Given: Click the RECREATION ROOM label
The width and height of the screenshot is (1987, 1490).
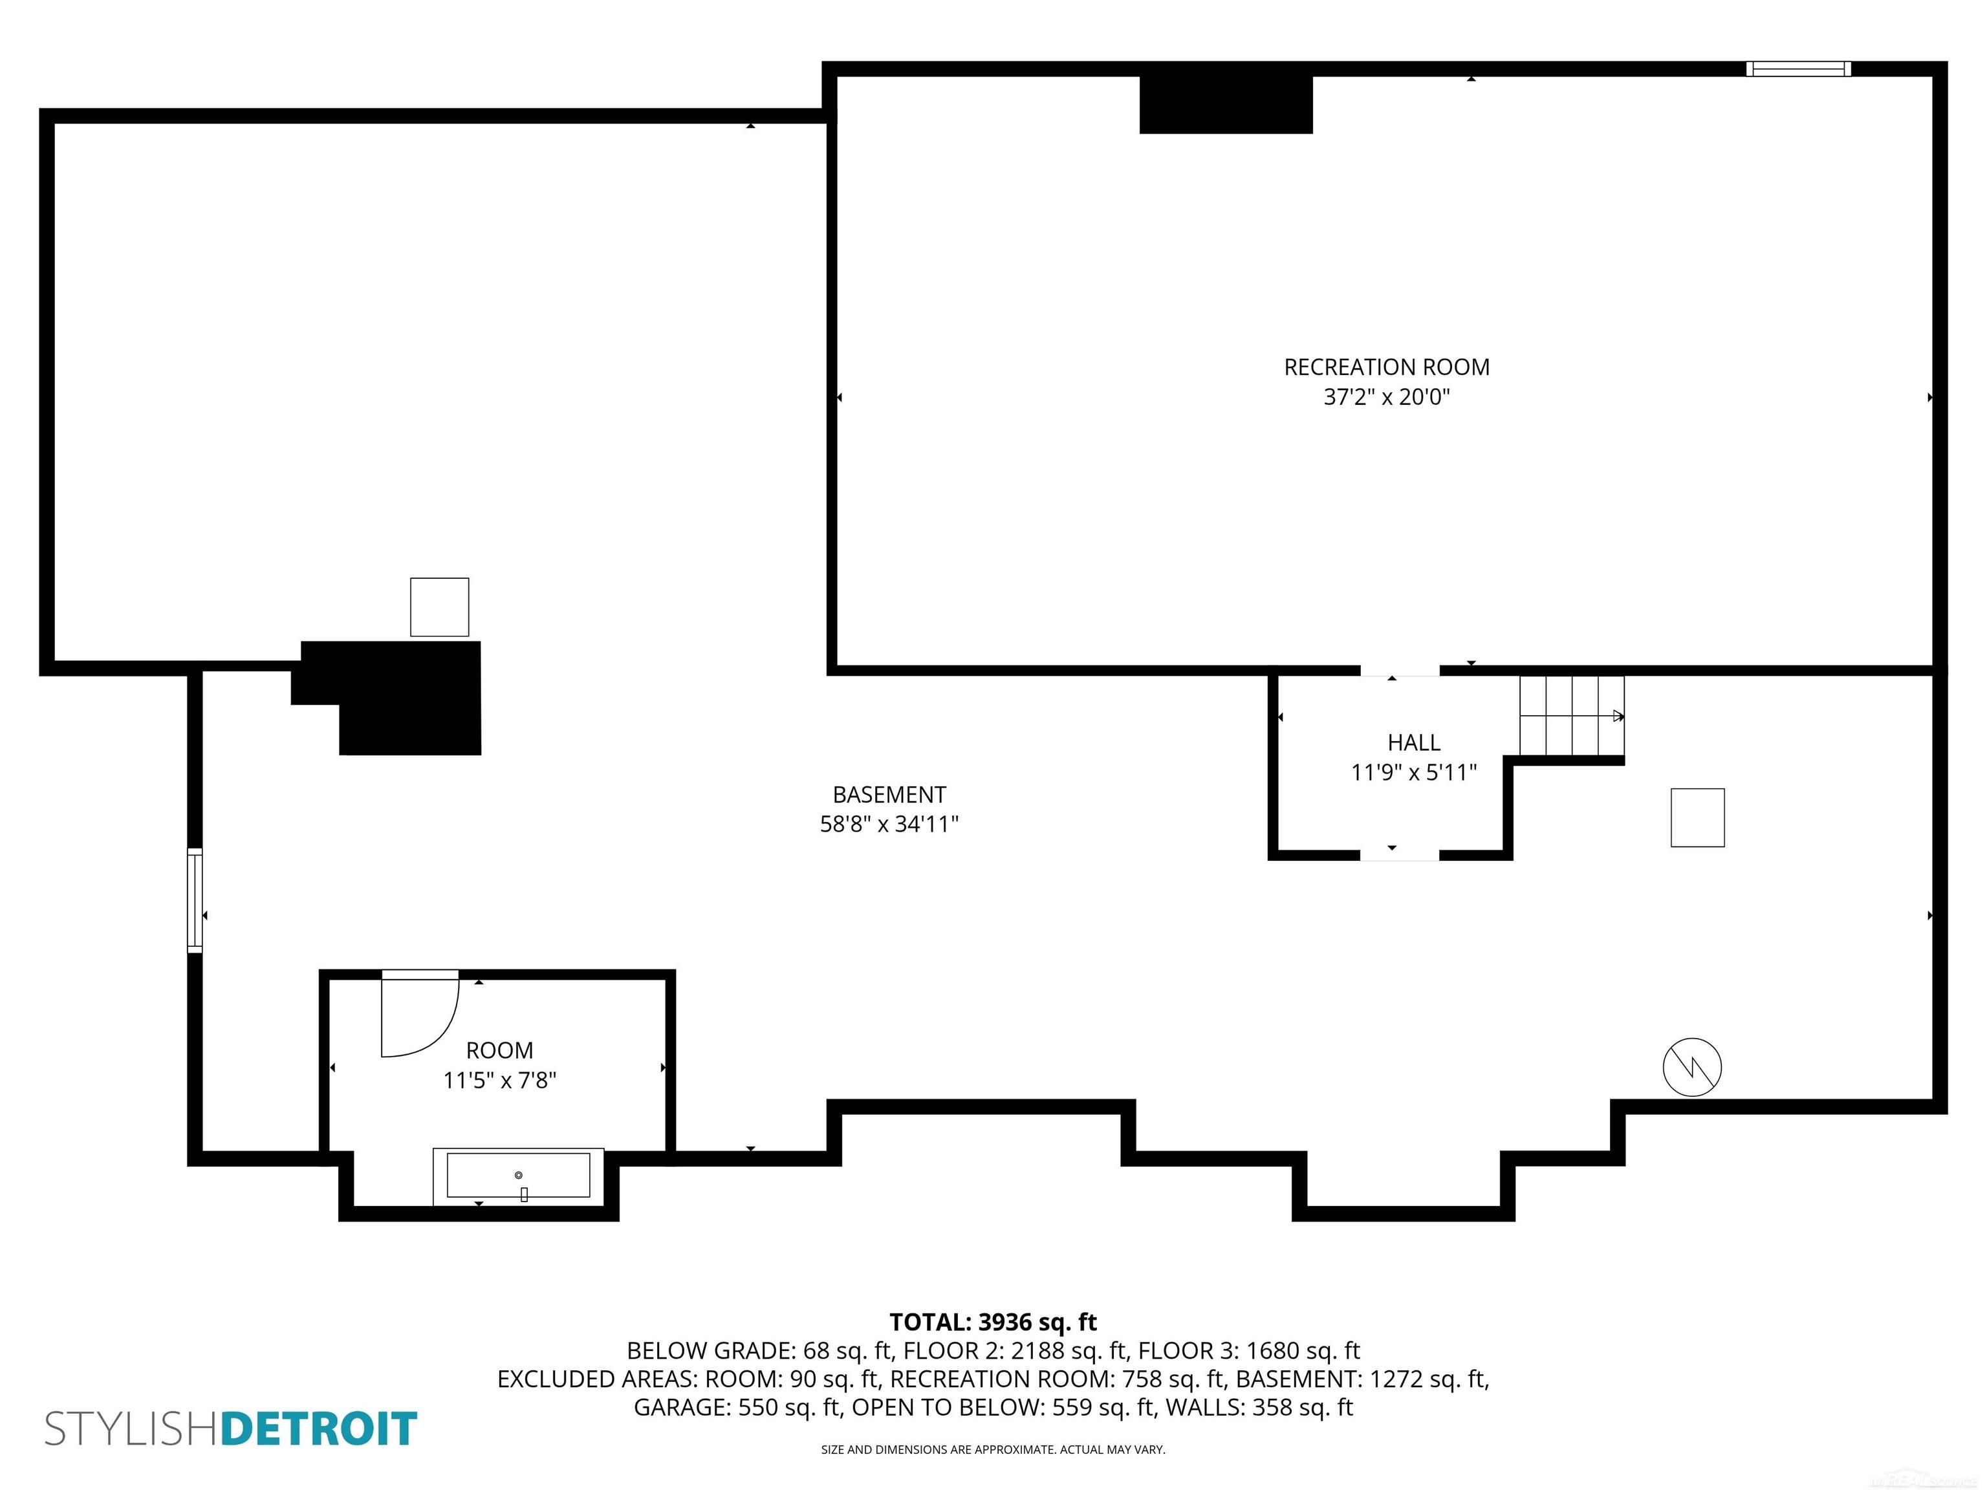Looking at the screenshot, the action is tap(1386, 367).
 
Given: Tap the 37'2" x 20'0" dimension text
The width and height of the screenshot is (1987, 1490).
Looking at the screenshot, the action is tap(1386, 397).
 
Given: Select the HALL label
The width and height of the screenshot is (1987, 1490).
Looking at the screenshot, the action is tap(1414, 743).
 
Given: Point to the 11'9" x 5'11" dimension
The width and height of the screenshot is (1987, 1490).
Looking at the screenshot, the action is tap(1414, 772).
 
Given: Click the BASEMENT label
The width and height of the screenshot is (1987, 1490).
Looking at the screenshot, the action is tap(889, 795).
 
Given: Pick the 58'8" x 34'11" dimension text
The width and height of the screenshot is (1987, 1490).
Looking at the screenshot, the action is tap(889, 825).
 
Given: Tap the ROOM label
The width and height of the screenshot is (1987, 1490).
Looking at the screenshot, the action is tap(499, 1051).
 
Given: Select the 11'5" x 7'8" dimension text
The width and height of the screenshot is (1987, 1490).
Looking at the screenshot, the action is tap(499, 1081).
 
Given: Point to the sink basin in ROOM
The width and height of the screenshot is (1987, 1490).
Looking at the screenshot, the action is tap(518, 1176).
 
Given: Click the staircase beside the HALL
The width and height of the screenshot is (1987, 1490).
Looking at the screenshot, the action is tap(1571, 716).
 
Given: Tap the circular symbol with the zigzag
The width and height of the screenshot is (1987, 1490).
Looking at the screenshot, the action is tap(1692, 1067).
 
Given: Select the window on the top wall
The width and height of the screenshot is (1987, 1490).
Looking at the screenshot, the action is tap(1798, 69).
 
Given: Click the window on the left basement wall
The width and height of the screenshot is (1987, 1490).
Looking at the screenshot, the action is tap(194, 899).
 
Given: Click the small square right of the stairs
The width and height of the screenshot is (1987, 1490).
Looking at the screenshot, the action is tap(1697, 817).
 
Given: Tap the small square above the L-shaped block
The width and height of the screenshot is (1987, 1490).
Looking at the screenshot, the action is tap(439, 607).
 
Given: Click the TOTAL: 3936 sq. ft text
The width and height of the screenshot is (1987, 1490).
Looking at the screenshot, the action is tap(993, 1322).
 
